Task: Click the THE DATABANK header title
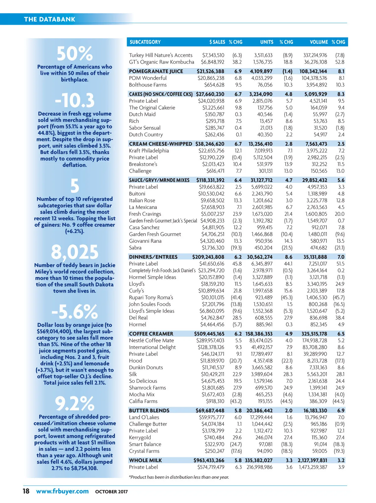click(x=50, y=19)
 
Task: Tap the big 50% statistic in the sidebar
click(x=75, y=54)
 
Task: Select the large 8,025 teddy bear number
click(x=75, y=252)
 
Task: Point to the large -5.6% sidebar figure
click(x=75, y=312)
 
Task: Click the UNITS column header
click(x=266, y=42)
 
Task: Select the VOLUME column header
click(x=319, y=42)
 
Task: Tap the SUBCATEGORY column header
click(x=145, y=42)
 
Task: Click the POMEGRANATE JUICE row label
click(x=156, y=71)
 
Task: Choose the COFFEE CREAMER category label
click(x=151, y=334)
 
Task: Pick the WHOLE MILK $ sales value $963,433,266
click(x=209, y=460)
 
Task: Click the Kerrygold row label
click(x=140, y=438)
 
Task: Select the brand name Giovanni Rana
click(x=145, y=241)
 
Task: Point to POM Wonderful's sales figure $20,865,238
click(x=211, y=78)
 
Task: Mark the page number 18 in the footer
click(x=26, y=491)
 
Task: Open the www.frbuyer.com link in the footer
click(x=62, y=491)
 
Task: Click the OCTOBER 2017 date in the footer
click(x=112, y=492)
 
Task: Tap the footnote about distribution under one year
click(x=179, y=477)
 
